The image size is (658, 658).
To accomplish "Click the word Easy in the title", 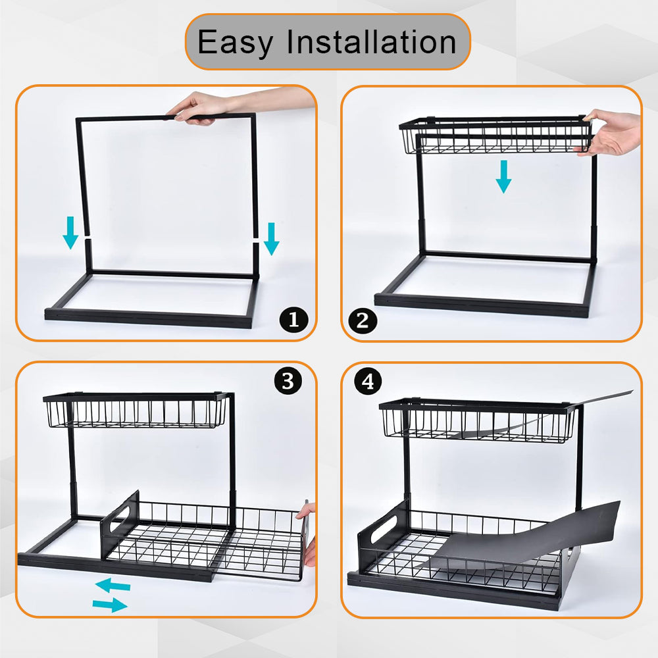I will pyautogui.click(x=235, y=43).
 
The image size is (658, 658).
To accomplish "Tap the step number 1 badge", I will pyautogui.click(x=293, y=320).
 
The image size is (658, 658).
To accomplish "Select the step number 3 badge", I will pyautogui.click(x=288, y=382).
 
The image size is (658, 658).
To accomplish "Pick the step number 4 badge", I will pyautogui.click(x=368, y=382).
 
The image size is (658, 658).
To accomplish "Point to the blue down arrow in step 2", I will pyautogui.click(x=503, y=176).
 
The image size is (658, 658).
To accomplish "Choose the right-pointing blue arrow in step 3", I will pyautogui.click(x=110, y=605).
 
